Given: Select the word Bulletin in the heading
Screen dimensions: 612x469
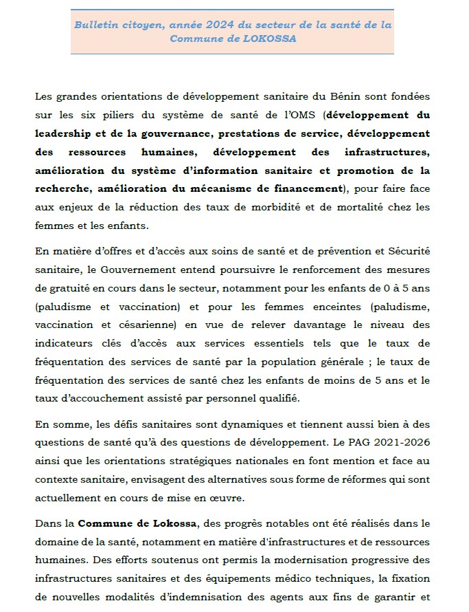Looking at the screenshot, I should [95, 24].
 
